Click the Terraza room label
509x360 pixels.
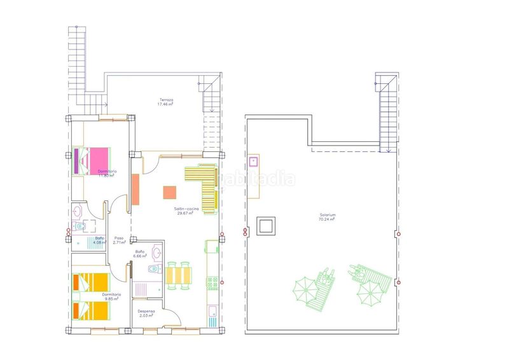point(167,100)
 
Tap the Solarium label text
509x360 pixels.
point(327,215)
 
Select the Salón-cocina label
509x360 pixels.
point(186,209)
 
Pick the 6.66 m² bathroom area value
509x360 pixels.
point(141,256)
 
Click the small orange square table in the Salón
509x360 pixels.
point(169,192)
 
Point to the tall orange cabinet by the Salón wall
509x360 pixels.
point(136,189)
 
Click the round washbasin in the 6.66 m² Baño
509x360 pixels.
point(157,252)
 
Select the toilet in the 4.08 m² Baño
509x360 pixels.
point(80,226)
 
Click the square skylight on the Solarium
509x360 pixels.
point(265,225)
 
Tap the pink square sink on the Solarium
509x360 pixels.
point(254,161)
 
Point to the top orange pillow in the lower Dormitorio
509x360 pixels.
point(81,280)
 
